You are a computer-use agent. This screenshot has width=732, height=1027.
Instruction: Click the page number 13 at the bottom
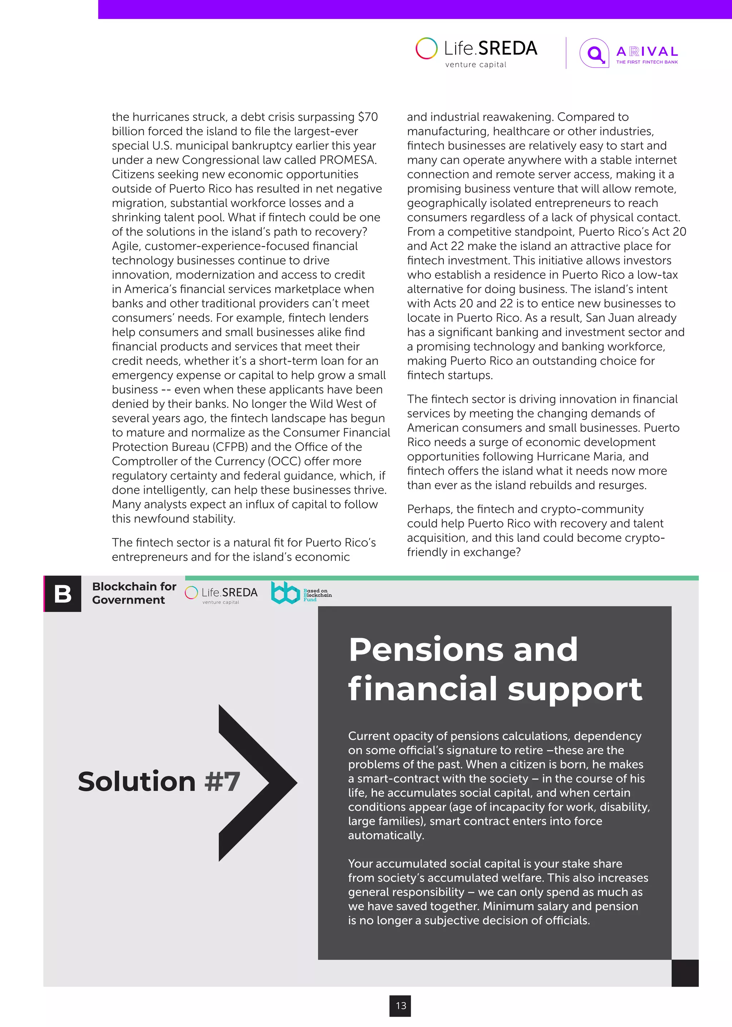(401, 1005)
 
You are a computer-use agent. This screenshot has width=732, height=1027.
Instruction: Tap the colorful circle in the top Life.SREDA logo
(426, 48)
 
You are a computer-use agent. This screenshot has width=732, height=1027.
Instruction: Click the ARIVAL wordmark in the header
(647, 51)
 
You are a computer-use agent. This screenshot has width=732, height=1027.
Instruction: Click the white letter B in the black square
(63, 594)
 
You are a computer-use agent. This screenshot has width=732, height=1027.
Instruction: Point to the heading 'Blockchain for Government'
(134, 593)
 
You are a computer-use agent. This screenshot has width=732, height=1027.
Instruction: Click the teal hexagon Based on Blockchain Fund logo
(285, 592)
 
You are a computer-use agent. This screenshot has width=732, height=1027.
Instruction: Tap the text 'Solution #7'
(159, 781)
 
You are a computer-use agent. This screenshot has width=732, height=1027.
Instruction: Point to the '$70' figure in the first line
(367, 117)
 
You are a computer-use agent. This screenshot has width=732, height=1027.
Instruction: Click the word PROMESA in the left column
(347, 160)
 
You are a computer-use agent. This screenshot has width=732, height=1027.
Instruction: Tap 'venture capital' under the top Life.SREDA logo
(475, 64)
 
